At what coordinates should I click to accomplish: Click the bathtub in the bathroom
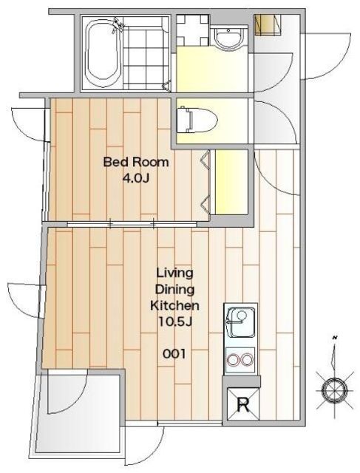click(103, 54)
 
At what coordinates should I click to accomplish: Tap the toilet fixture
click(197, 120)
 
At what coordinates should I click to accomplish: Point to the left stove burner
click(234, 360)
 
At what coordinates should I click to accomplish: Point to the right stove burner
click(247, 360)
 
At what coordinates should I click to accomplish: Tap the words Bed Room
click(136, 162)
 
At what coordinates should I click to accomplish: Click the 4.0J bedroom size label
click(136, 179)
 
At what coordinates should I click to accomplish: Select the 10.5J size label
click(174, 322)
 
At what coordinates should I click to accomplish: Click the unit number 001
click(174, 353)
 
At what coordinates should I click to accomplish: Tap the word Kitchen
click(174, 305)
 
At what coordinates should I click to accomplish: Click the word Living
click(174, 273)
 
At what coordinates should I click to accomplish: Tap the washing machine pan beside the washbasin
click(192, 30)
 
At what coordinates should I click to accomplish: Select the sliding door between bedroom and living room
click(132, 224)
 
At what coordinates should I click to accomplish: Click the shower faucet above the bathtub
click(118, 24)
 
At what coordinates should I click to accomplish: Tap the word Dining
click(174, 290)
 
